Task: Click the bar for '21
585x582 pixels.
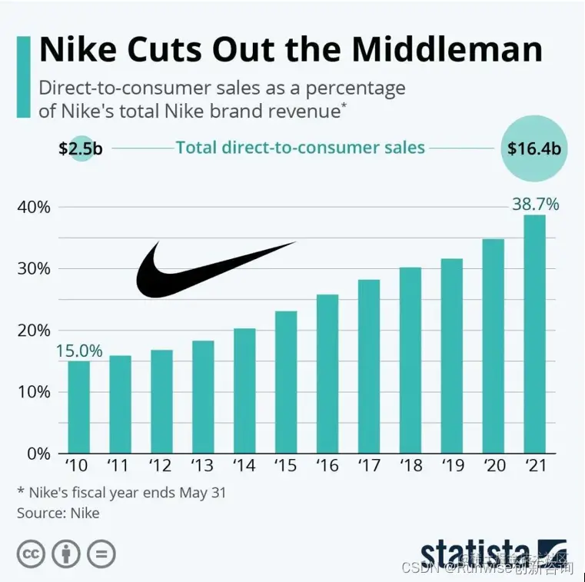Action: pyautogui.click(x=534, y=334)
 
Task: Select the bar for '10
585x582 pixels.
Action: pyautogui.click(x=78, y=407)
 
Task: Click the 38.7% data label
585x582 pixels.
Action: pyautogui.click(x=535, y=205)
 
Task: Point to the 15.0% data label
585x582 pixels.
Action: pyautogui.click(x=78, y=351)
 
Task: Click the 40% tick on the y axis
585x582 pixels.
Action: pyautogui.click(x=34, y=208)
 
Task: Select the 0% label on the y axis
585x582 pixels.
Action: pyautogui.click(x=38, y=454)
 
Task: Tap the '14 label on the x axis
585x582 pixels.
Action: pyautogui.click(x=244, y=467)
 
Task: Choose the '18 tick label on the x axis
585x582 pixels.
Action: pyautogui.click(x=410, y=467)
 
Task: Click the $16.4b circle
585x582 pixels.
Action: pyautogui.click(x=536, y=148)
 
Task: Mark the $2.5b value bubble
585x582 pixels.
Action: pyautogui.click(x=80, y=148)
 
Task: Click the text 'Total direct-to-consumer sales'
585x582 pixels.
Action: pyautogui.click(x=300, y=147)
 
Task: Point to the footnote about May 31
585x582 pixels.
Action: pyautogui.click(x=121, y=492)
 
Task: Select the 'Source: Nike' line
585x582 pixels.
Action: pyautogui.click(x=58, y=512)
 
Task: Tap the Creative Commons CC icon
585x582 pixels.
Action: pyautogui.click(x=32, y=554)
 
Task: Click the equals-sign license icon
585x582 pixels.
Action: pyautogui.click(x=101, y=554)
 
